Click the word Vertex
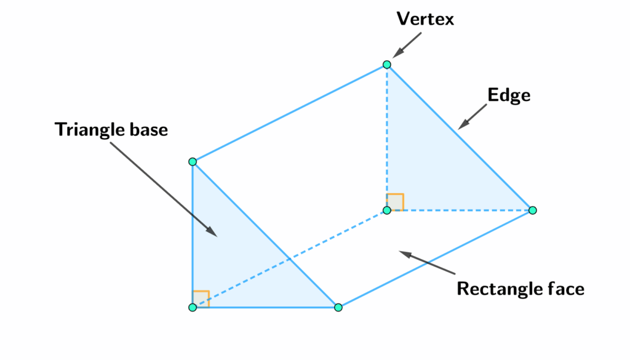click(425, 19)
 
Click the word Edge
click(509, 95)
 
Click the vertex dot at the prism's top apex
click(387, 65)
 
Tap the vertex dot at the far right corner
click(533, 210)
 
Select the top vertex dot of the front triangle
click(193, 162)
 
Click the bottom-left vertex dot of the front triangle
click(193, 307)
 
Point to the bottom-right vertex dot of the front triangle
click(338, 307)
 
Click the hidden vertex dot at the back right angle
click(387, 210)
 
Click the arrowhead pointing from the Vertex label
click(394, 55)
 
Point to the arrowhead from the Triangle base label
click(212, 232)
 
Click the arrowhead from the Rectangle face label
click(403, 252)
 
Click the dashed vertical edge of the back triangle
click(387, 135)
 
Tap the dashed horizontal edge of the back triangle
click(461, 210)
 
